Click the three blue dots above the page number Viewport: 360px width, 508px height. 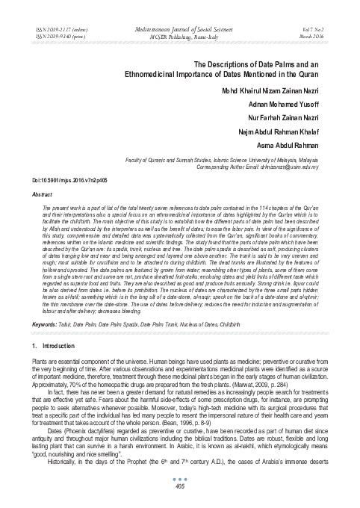179,480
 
